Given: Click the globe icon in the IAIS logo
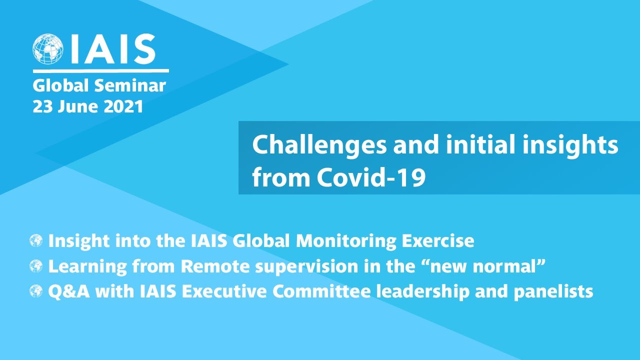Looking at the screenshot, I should [x=48, y=49].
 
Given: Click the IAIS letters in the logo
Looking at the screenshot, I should [x=112, y=49].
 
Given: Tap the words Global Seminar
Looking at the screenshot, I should [x=99, y=86].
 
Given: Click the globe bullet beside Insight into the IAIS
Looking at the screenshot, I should [x=36, y=241].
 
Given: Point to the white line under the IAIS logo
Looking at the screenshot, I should [x=100, y=71].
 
